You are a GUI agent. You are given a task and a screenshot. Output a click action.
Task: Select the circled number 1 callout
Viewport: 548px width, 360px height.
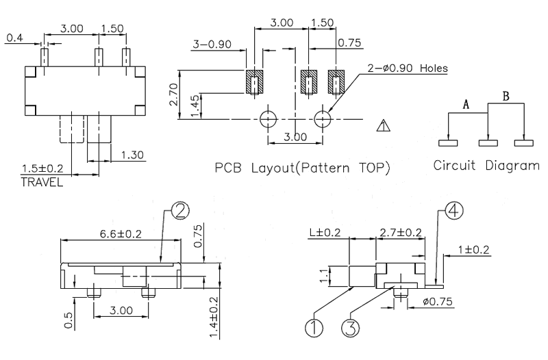[x=314, y=329]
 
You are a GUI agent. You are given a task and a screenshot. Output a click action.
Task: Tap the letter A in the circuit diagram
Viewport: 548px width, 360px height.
[x=466, y=104]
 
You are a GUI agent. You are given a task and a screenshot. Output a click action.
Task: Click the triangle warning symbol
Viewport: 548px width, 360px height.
[x=384, y=125]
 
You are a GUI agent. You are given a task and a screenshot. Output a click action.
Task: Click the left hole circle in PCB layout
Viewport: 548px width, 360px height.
[x=268, y=118]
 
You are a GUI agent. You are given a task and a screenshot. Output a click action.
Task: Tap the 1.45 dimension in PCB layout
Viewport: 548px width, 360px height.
[x=197, y=106]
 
